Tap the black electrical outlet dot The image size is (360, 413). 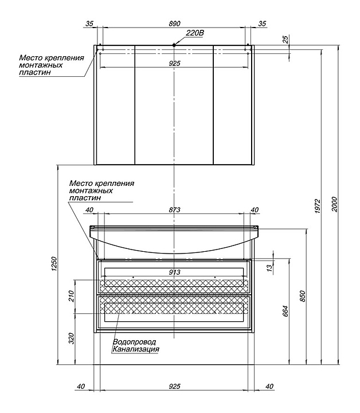[174, 45]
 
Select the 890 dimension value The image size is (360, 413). [175, 24]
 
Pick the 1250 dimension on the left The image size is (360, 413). [55, 264]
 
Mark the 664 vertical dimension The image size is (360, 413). [286, 310]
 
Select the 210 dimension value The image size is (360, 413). [72, 297]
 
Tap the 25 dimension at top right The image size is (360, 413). [285, 40]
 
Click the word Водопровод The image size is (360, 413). [134, 341]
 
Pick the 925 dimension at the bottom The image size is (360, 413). [175, 387]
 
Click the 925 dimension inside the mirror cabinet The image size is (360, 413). [175, 63]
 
